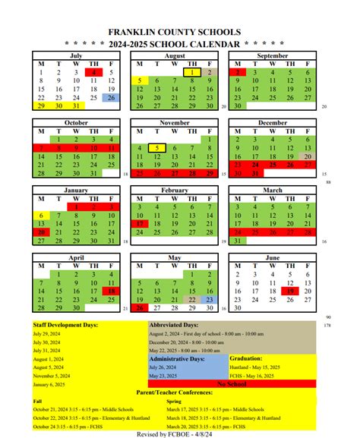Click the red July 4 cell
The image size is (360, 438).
(93, 73)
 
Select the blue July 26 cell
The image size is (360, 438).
(111, 98)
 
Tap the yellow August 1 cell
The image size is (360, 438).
(192, 73)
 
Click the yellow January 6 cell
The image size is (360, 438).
(41, 215)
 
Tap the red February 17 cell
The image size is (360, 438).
(140, 224)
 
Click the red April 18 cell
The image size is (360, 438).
(111, 291)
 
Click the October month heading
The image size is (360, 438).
(76, 121)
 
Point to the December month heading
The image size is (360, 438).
(272, 121)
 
